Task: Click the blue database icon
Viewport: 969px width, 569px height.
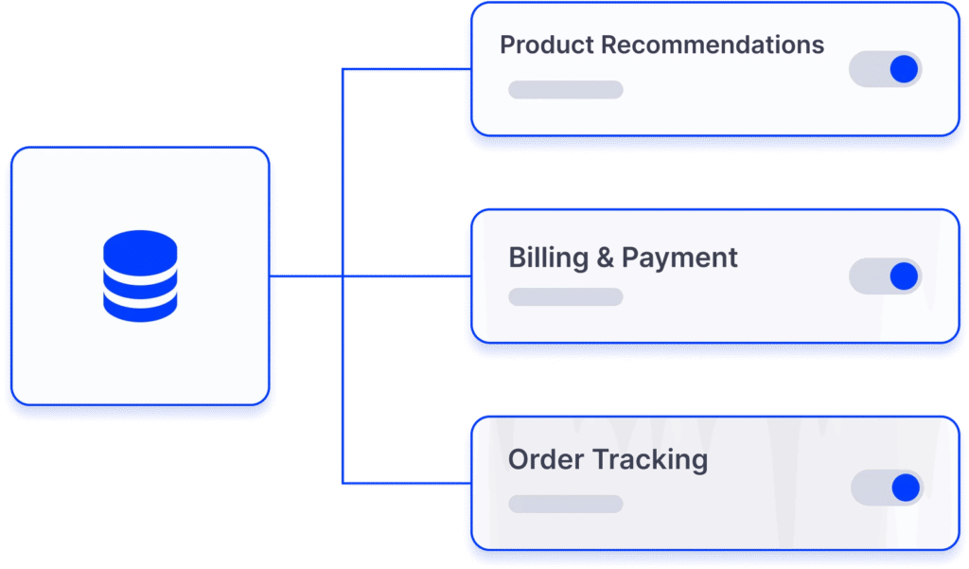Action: click(140, 276)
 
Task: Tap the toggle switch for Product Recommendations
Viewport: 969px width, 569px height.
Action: click(885, 69)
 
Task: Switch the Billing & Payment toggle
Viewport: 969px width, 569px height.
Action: click(885, 276)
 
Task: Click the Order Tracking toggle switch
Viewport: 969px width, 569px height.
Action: click(887, 488)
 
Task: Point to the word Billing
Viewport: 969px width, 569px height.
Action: click(547, 258)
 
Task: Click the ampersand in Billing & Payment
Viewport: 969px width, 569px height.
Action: click(604, 258)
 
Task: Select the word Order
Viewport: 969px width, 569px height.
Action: click(546, 460)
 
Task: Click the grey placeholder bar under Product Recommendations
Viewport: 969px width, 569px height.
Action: click(565, 90)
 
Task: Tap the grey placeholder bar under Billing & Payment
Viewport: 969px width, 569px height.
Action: click(565, 297)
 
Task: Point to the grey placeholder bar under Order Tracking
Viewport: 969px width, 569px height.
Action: click(565, 504)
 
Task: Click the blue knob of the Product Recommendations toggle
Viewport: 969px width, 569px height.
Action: click(904, 69)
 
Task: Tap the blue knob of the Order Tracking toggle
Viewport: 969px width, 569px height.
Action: click(906, 488)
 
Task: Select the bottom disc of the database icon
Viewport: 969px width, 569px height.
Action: click(140, 305)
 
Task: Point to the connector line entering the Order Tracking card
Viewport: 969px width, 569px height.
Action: click(407, 484)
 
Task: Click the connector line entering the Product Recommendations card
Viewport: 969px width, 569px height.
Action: click(407, 69)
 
